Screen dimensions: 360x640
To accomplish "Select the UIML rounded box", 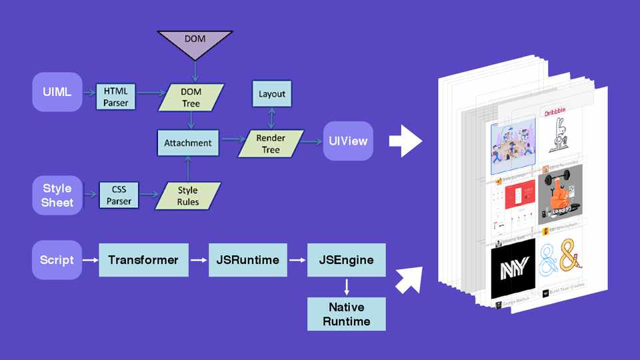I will [x=57, y=93].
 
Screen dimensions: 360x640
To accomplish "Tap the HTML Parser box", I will [x=115, y=97].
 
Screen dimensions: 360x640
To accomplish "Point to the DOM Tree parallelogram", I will [x=191, y=97].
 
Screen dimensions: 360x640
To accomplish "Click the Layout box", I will [x=271, y=94].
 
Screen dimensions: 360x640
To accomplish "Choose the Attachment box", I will [x=187, y=142].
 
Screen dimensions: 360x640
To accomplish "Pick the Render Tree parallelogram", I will [x=271, y=143].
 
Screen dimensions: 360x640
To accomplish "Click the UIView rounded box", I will [x=348, y=141].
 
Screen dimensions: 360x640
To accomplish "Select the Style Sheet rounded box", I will [x=57, y=195].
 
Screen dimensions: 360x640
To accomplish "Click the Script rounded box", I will [x=57, y=259].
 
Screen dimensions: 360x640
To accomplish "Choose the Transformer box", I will [x=143, y=259].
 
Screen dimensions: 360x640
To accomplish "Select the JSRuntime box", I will [x=247, y=259].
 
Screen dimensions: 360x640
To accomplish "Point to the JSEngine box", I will [x=346, y=259].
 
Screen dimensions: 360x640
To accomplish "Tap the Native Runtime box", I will [x=346, y=313].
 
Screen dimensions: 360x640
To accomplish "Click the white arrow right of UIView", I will [x=405, y=140].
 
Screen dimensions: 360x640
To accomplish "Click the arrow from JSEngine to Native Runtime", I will [x=346, y=287].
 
